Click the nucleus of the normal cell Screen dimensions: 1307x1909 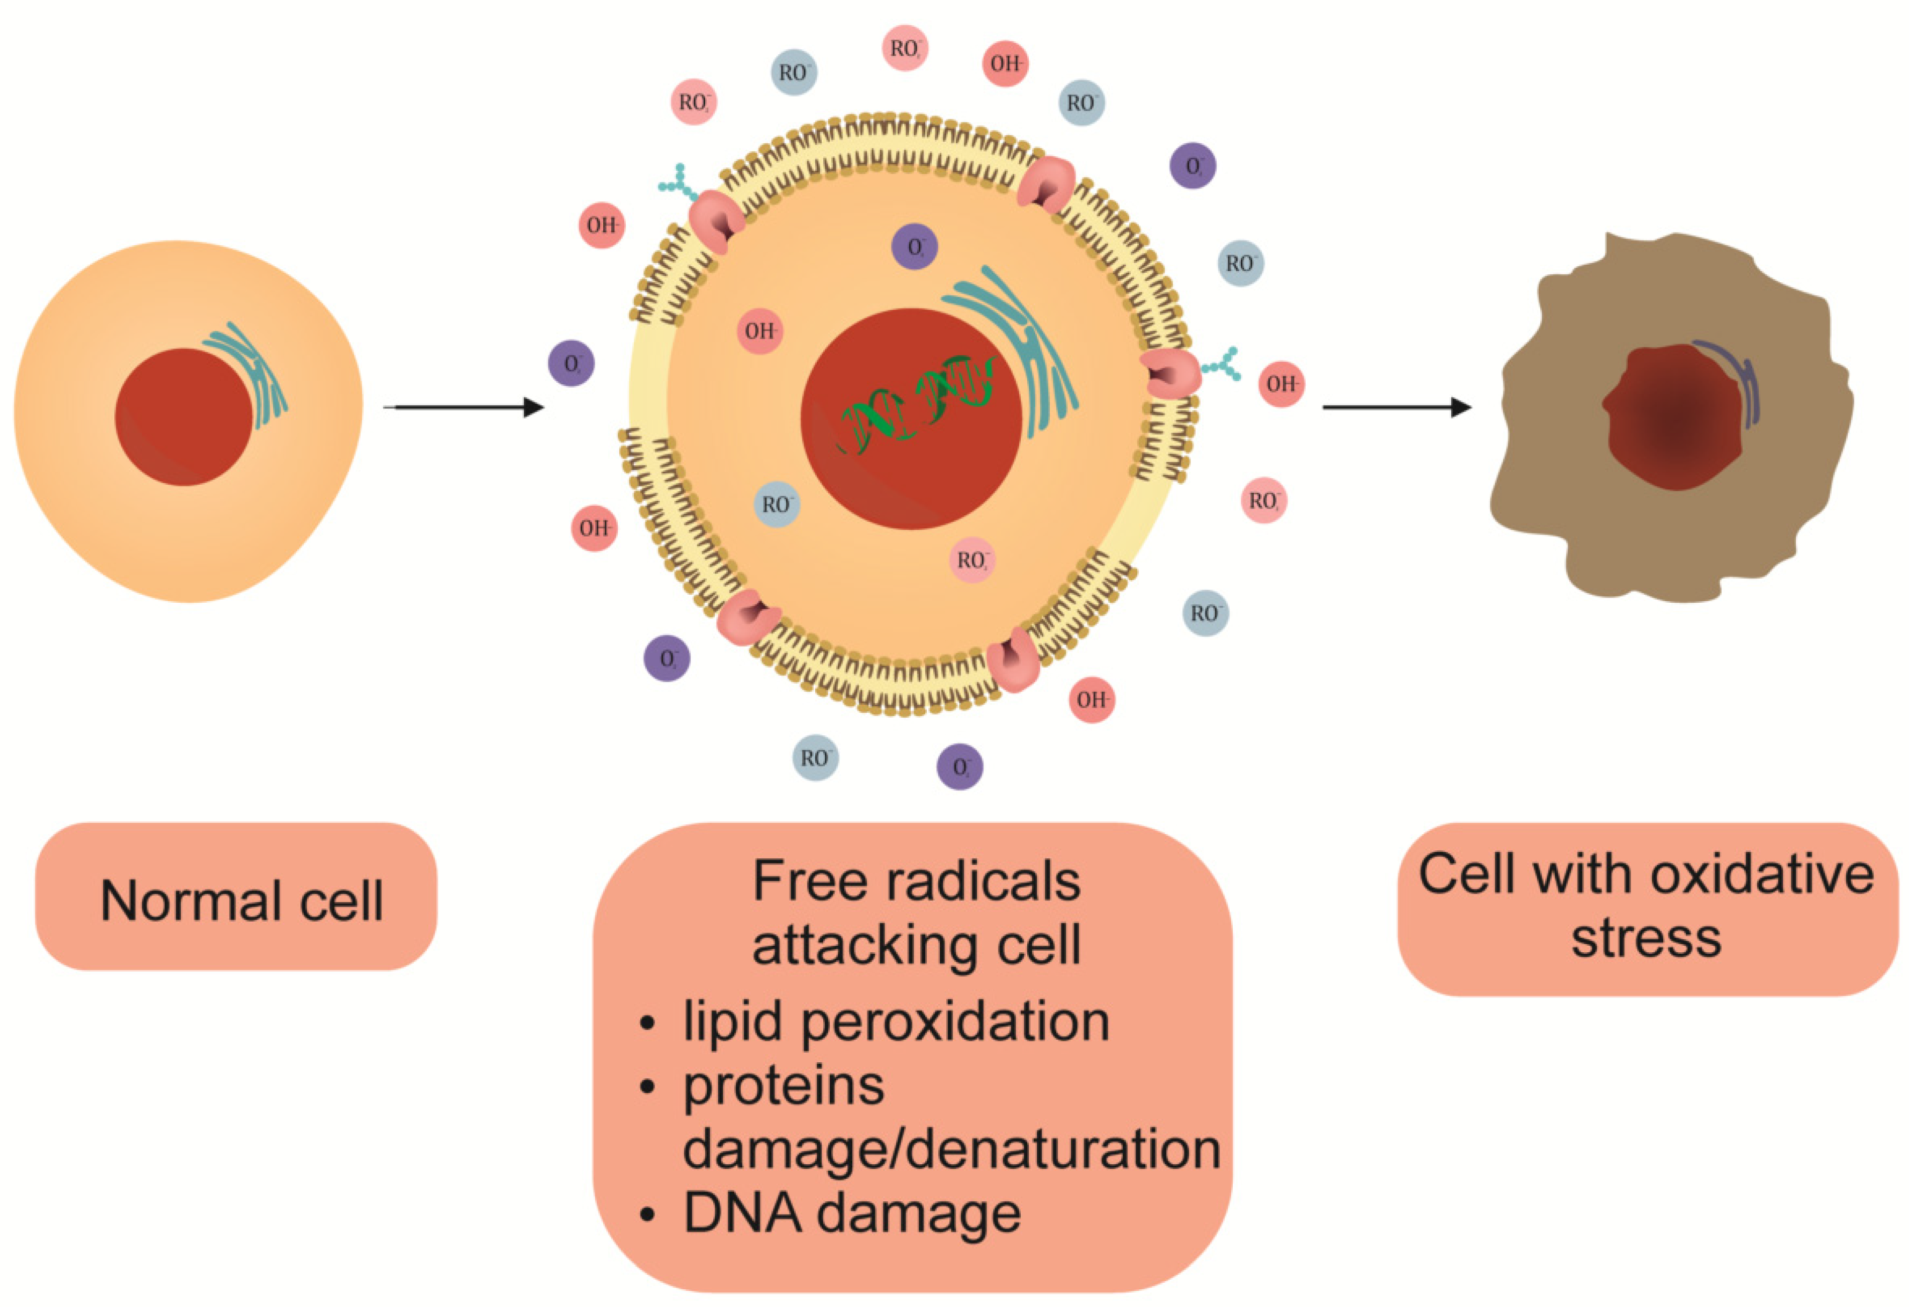click(x=182, y=417)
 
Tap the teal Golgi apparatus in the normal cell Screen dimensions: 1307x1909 click(x=251, y=374)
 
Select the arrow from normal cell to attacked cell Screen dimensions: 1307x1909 click(x=464, y=407)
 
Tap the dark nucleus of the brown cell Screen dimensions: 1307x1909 click(x=1676, y=419)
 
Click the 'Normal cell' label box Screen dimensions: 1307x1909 click(x=237, y=897)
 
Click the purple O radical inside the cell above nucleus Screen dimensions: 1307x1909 click(x=915, y=246)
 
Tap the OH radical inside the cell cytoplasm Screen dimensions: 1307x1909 click(x=760, y=331)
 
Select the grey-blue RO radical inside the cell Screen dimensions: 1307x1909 click(x=776, y=503)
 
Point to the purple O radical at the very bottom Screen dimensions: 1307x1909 click(x=960, y=766)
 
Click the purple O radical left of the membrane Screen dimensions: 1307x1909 click(x=571, y=363)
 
